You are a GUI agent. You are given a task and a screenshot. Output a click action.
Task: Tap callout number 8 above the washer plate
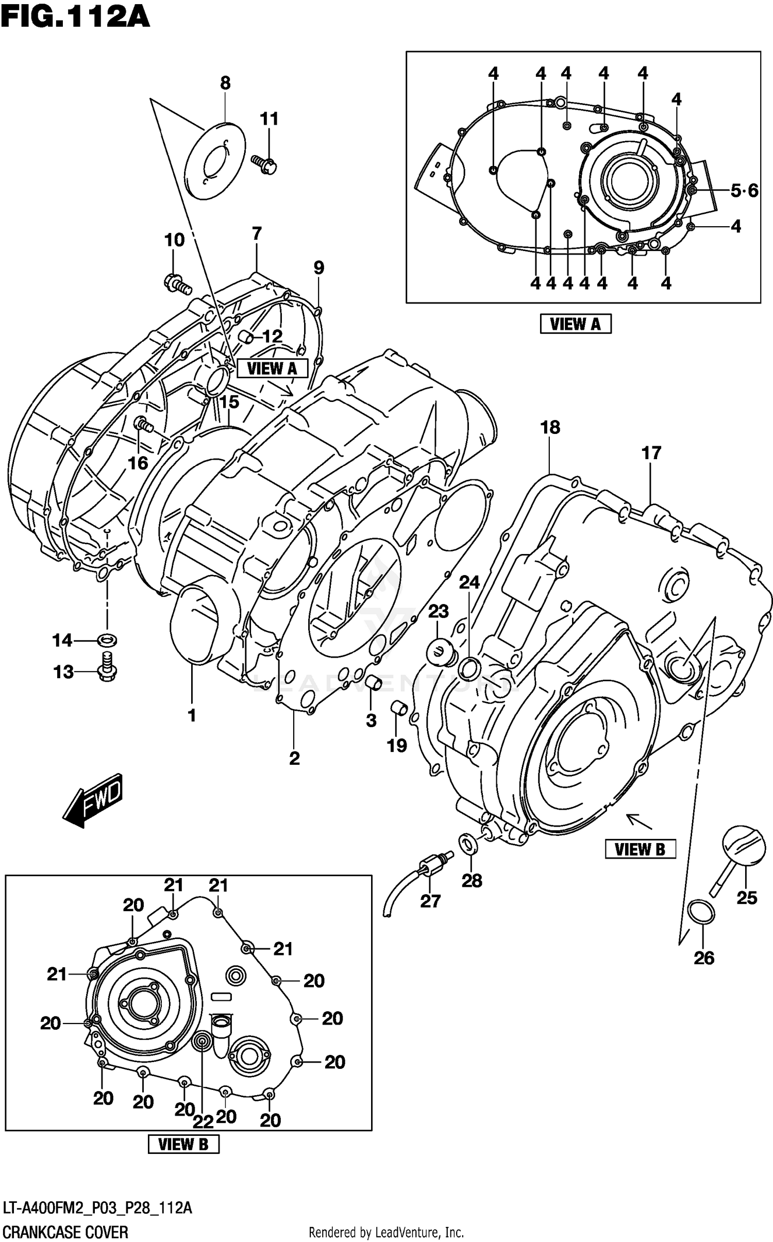pos(225,83)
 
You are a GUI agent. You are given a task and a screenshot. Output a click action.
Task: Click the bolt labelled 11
pos(264,164)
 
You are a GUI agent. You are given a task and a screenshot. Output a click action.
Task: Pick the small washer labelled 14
pos(107,641)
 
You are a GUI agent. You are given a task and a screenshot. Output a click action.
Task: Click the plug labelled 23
pos(441,653)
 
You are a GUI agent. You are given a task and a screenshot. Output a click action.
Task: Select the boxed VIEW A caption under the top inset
pos(575,324)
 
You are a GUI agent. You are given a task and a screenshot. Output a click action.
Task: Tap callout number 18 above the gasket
pos(550,427)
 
